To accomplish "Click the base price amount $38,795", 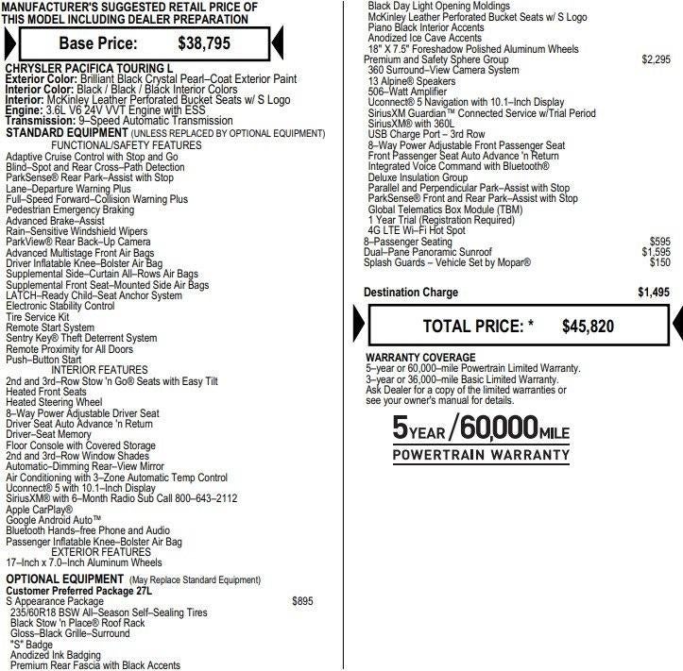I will point(204,42).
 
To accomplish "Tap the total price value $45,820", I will point(588,327).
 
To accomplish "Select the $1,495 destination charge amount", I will point(653,293).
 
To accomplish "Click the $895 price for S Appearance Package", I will point(302,600).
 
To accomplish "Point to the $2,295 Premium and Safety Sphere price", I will point(655,59).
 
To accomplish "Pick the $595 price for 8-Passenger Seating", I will point(659,242).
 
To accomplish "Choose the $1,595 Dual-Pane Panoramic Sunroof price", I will point(655,252).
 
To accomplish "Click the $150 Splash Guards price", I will point(659,262).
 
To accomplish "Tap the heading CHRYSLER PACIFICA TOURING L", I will point(89,70).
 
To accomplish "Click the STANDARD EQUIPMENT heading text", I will point(63,132).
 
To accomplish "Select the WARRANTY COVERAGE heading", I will point(420,358).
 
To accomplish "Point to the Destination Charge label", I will point(411,293).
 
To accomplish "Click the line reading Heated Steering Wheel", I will point(54,402).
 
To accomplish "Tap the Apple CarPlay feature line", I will point(39,510).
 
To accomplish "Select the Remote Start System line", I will point(50,327).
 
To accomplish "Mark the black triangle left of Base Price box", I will point(9,42).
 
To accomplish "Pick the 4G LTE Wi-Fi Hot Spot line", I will point(417,230).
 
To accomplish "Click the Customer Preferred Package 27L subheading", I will point(78,590).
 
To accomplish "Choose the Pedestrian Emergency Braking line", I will point(70,210).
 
